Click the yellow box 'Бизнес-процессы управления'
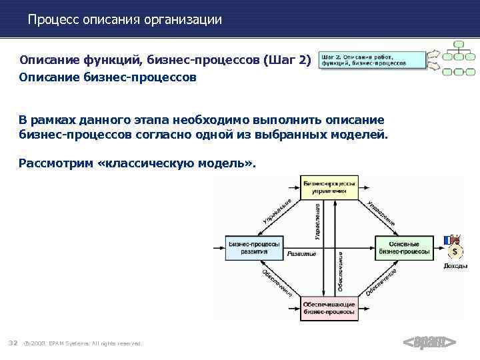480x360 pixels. point(329,186)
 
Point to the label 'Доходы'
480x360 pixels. point(455,266)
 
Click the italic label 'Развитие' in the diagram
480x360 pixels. point(302,254)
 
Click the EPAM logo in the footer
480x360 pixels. point(429,343)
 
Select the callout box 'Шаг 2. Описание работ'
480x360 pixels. point(372,60)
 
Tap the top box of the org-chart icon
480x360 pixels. point(458,45)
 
